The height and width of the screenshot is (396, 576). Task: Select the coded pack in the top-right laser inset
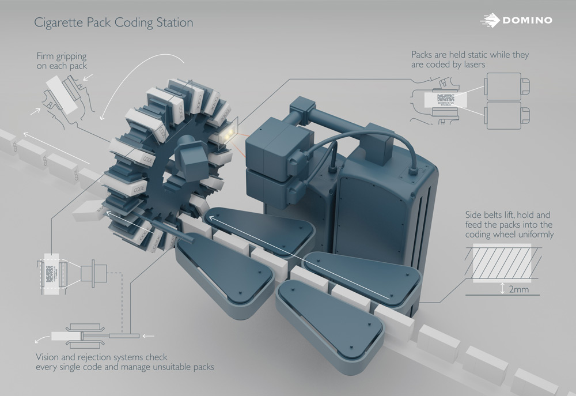pyautogui.click(x=447, y=99)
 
